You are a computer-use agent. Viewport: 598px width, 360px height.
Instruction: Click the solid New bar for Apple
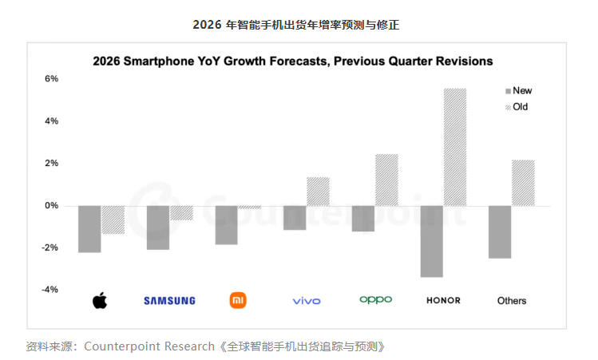coord(89,229)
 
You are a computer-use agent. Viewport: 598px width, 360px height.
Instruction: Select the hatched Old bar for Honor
coord(454,147)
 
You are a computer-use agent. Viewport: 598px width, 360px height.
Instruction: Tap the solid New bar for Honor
coord(431,241)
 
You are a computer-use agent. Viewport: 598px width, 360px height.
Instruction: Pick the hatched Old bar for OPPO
coord(386,180)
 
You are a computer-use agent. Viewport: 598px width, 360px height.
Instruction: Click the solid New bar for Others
coord(500,231)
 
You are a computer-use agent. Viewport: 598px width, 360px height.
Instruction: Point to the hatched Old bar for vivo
coord(318,192)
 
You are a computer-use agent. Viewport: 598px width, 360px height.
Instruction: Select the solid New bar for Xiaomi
coord(227,224)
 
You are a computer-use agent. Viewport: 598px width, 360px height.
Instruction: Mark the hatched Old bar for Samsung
coord(181,212)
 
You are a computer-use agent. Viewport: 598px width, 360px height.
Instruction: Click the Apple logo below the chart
coord(100,300)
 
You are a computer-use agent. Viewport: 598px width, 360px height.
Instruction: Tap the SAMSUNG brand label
coord(169,301)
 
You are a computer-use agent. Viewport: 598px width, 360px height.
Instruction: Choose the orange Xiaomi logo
coord(238,300)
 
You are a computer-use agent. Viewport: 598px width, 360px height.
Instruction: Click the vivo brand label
coord(307,301)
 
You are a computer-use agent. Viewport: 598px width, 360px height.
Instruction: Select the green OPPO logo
coord(375,300)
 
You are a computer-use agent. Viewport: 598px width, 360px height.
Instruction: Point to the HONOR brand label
coord(443,301)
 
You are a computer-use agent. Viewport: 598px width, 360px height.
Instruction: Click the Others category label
coord(512,301)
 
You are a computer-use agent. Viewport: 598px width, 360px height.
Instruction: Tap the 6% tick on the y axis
coord(51,79)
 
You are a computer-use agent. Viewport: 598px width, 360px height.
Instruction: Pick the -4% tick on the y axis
coord(50,290)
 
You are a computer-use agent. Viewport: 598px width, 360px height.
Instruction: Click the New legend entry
coord(518,91)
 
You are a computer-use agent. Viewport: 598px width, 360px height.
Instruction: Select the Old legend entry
coord(516,106)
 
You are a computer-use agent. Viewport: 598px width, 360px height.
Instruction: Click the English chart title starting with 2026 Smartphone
coord(293,61)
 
